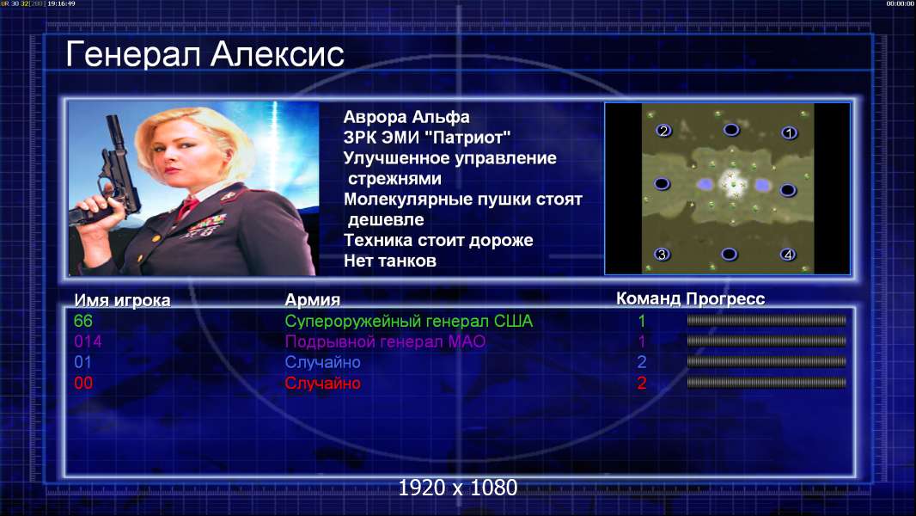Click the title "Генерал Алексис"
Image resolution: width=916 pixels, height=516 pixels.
(205, 54)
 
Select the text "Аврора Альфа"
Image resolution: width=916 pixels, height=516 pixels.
(406, 117)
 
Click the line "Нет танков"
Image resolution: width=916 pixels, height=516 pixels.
(390, 261)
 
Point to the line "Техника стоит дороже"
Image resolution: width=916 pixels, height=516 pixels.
(438, 240)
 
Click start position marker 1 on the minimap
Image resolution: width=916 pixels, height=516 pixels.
(789, 133)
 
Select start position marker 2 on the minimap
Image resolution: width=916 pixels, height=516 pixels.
(663, 131)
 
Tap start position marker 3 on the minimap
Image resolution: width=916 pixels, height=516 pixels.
(662, 255)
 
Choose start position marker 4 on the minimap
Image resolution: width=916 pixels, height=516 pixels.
(788, 255)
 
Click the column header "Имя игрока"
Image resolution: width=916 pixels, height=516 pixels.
(122, 300)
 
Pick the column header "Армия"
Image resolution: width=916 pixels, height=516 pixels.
(313, 300)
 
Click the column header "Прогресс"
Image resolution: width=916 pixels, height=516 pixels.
(725, 299)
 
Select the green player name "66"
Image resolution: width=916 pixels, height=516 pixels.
(83, 321)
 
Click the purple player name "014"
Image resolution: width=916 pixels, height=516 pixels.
(88, 341)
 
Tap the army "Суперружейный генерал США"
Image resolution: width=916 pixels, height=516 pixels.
(409, 322)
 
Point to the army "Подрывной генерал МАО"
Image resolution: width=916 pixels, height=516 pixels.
(385, 342)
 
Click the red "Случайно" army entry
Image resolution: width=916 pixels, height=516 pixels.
(322, 384)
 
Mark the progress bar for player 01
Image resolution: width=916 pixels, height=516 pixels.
(766, 362)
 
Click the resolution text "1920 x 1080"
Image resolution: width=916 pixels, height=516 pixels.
(458, 488)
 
